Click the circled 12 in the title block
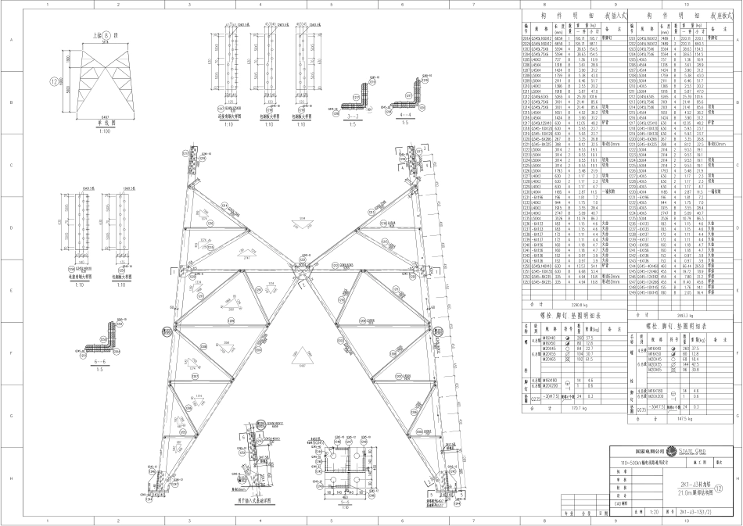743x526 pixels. [731, 487]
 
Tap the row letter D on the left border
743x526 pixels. [5, 206]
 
